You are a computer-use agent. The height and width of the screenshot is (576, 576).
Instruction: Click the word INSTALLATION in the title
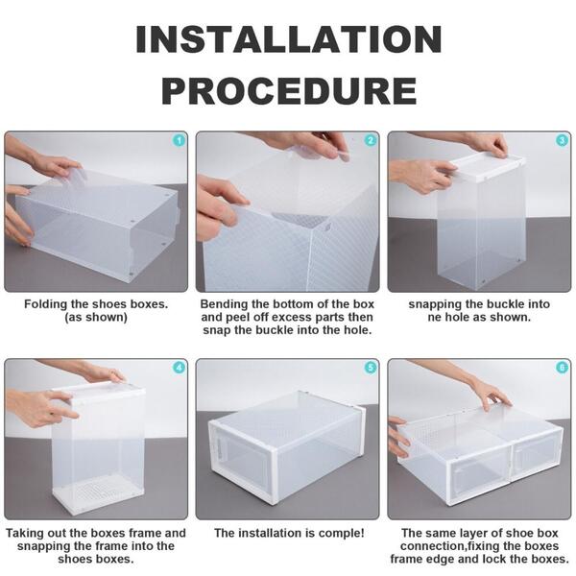click(x=288, y=39)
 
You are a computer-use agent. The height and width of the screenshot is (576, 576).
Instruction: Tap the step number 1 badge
click(x=178, y=141)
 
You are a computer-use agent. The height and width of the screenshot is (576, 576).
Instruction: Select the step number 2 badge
click(x=370, y=141)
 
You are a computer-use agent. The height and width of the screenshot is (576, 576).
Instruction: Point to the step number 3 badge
click(x=562, y=141)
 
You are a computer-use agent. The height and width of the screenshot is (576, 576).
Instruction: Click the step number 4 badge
click(x=178, y=368)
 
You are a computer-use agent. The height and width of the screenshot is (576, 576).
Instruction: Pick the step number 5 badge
click(x=370, y=368)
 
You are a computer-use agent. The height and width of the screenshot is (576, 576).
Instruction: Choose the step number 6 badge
click(x=562, y=368)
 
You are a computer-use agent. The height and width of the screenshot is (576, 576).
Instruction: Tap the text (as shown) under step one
click(x=96, y=318)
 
